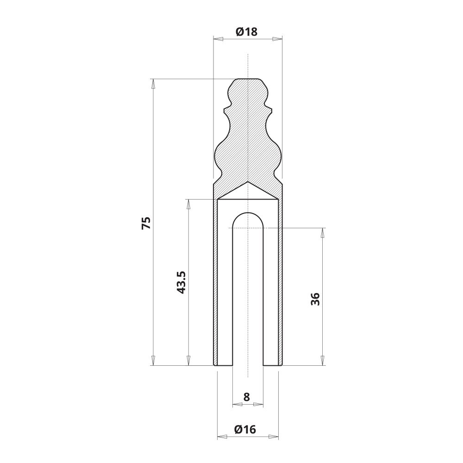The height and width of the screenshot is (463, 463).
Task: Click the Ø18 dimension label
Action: (x=247, y=31)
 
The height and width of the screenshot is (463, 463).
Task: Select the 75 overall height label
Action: (x=146, y=223)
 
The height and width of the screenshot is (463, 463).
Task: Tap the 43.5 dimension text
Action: (x=181, y=282)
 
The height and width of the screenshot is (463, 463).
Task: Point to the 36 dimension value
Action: (x=315, y=299)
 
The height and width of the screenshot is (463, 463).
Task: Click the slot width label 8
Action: (x=247, y=397)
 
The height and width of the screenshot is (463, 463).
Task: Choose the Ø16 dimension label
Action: (x=245, y=429)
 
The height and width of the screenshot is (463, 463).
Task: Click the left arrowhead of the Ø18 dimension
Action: (x=218, y=39)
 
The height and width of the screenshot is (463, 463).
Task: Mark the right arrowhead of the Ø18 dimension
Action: (x=277, y=39)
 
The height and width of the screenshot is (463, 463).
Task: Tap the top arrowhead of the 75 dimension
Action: (x=153, y=84)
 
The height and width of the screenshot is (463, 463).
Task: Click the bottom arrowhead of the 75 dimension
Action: (x=153, y=361)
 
